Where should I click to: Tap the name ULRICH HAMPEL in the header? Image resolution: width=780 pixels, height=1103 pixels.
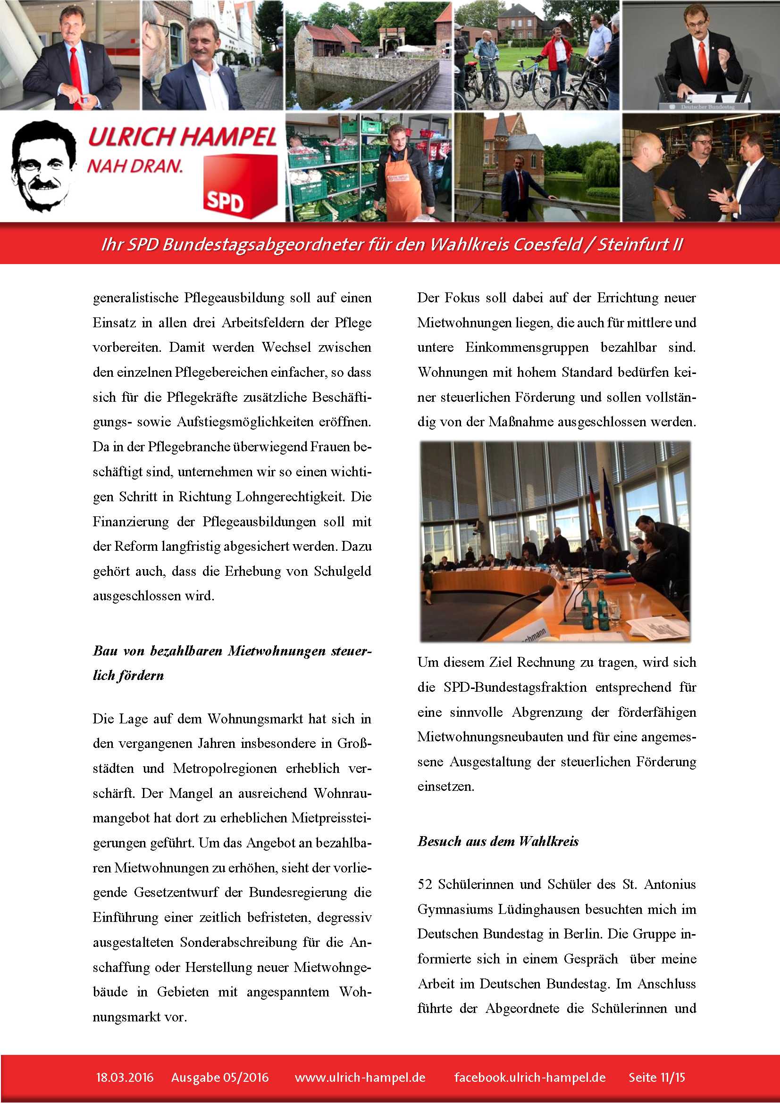click(182, 137)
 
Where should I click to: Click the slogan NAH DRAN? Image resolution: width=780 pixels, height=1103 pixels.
click(135, 166)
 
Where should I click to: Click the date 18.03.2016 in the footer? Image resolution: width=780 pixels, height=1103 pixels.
click(125, 1077)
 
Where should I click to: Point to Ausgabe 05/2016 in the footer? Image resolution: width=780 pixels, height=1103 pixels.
click(219, 1077)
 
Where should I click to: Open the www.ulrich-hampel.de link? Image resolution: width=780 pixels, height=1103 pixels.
click(360, 1077)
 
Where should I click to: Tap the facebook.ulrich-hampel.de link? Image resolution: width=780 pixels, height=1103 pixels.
click(529, 1077)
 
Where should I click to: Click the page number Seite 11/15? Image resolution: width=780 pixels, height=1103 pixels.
click(656, 1077)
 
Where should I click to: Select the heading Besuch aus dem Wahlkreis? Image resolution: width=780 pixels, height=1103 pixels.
click(498, 841)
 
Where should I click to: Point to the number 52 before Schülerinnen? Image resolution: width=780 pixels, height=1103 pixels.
click(425, 884)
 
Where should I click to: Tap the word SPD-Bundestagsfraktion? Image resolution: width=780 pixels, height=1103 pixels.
click(515, 687)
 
